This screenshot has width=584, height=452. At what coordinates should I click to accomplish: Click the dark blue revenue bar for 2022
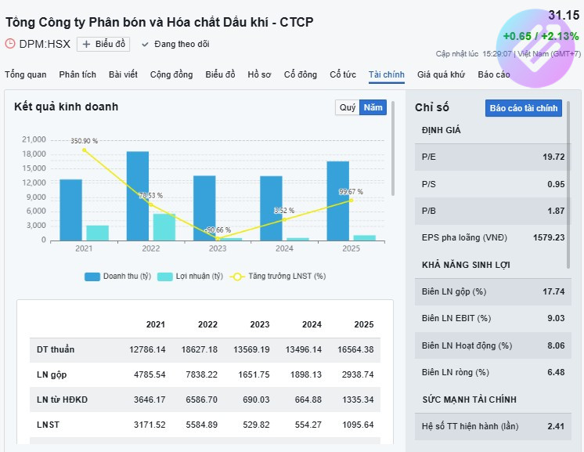point(138,196)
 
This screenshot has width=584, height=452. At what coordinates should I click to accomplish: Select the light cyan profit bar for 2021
point(97,233)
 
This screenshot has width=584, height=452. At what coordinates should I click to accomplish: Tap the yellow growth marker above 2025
point(351,201)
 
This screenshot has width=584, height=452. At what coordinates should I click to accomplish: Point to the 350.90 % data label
point(84,141)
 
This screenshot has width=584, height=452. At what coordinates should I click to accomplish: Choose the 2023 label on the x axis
point(218,248)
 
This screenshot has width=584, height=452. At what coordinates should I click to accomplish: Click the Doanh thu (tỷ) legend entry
point(117,277)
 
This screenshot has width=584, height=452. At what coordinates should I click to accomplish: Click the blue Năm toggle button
point(373,107)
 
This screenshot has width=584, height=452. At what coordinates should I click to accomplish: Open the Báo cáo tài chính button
point(524,108)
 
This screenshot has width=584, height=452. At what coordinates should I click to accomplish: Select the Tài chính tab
point(387,74)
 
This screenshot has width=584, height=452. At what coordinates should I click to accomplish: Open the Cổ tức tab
point(343,74)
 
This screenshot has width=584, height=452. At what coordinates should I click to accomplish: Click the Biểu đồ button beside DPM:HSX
point(103,44)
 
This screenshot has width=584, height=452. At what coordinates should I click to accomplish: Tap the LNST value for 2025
point(358,425)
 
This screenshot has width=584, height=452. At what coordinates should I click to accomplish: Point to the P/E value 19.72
point(553,157)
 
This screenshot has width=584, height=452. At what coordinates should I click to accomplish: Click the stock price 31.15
point(563,16)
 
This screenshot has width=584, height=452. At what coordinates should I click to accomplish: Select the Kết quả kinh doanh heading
point(66,107)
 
